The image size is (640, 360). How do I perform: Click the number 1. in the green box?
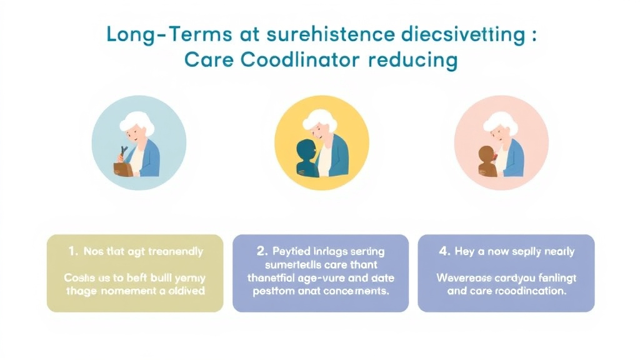[74, 251]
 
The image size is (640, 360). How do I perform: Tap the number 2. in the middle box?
[262, 251]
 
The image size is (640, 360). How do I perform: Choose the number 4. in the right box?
[445, 251]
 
